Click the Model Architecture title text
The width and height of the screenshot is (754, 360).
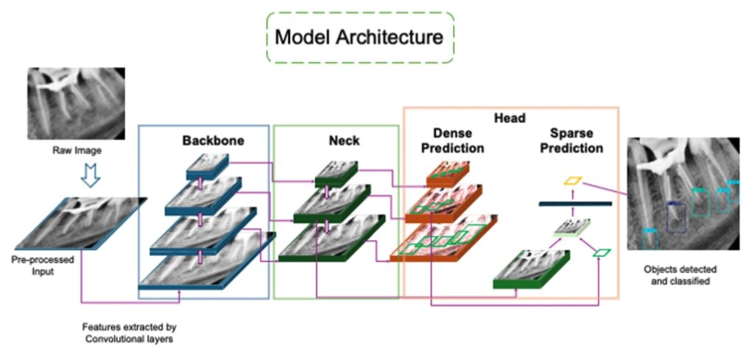[359, 36]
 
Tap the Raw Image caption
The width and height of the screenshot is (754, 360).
[77, 150]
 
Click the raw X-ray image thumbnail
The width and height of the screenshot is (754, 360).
[76, 103]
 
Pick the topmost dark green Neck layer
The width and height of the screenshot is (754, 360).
[337, 173]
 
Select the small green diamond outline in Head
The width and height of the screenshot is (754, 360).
[602, 253]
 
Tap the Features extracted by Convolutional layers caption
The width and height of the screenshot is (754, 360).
[130, 331]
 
